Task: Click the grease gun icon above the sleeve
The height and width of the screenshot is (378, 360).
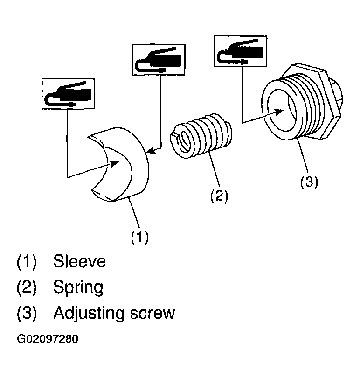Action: pos(68,93)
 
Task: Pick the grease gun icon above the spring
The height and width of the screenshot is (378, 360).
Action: pos(158,60)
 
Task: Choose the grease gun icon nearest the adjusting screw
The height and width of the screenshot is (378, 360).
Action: pos(241,51)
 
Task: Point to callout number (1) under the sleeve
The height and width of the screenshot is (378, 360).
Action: pos(140,237)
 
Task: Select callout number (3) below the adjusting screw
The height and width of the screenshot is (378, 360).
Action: pos(309,182)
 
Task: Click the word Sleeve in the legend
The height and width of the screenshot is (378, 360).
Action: pos(79,261)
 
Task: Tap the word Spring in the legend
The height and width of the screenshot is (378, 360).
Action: pos(78,287)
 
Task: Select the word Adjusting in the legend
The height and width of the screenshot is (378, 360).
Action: pos(89,314)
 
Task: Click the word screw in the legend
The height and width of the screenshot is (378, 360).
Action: pos(152,314)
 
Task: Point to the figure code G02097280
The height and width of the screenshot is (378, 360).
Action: pos(48,339)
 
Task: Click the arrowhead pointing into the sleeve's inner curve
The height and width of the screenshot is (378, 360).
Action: pos(115,163)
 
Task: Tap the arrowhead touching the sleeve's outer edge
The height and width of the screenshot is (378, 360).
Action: pos(151,151)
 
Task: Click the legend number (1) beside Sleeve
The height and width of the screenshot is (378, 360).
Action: pos(27,261)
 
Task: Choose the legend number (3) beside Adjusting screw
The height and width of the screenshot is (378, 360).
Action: pos(27,314)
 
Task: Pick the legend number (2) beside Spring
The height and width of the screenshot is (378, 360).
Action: pos(27,287)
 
